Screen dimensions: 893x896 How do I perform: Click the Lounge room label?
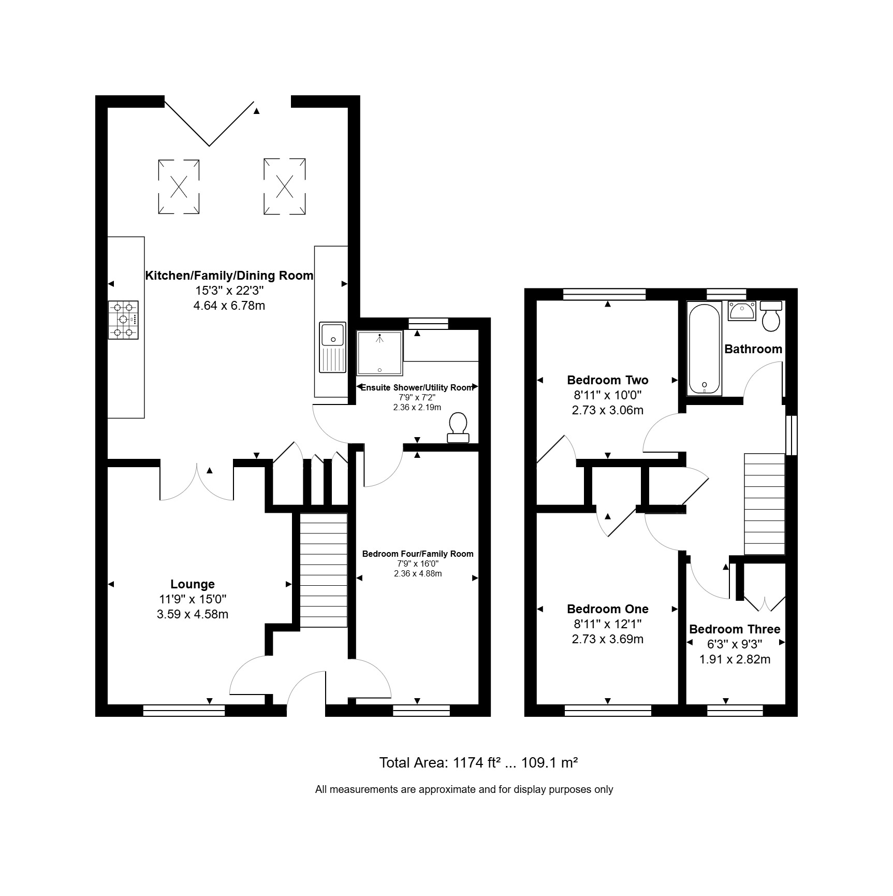[x=193, y=584]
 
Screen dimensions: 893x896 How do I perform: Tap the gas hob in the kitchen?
[x=123, y=320]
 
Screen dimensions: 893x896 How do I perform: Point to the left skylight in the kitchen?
[x=179, y=186]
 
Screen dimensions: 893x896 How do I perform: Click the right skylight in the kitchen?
[x=284, y=186]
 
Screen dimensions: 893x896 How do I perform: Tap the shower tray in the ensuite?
[x=380, y=353]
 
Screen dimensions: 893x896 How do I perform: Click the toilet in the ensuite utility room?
[x=458, y=428]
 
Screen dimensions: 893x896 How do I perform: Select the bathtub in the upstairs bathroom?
[x=704, y=349]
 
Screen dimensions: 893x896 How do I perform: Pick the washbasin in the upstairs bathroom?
[x=742, y=311]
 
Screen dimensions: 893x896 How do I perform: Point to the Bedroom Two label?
[x=608, y=380]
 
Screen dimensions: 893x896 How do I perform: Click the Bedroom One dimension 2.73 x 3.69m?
[x=608, y=639]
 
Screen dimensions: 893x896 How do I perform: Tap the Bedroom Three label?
[x=735, y=629]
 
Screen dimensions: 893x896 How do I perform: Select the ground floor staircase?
[x=324, y=570]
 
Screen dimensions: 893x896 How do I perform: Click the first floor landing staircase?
[x=765, y=504]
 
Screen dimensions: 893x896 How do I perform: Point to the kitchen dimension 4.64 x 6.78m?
[x=229, y=306]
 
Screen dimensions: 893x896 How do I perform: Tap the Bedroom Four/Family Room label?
[x=418, y=554]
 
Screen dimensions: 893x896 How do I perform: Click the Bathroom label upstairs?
[x=753, y=349]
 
